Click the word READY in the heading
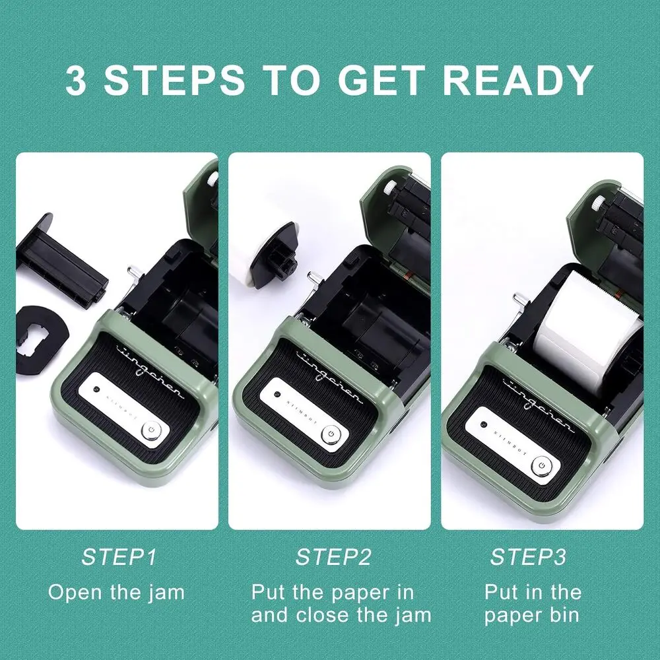tap(518, 80)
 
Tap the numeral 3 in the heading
tap(76, 80)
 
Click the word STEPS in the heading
tap(174, 80)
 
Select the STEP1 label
tap(119, 556)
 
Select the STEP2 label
tap(333, 556)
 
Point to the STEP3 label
tap(528, 556)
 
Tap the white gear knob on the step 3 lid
tap(598, 205)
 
